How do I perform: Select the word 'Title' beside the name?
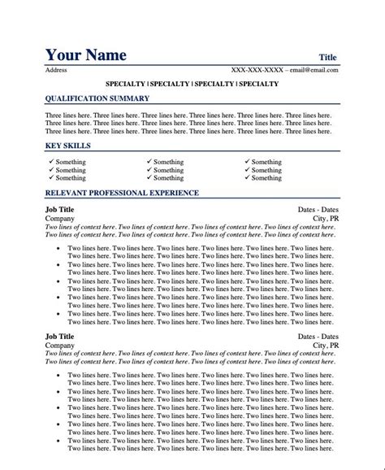(327, 57)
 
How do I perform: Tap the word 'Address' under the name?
(56, 70)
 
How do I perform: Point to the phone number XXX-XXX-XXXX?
(257, 70)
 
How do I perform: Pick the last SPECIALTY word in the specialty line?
(258, 84)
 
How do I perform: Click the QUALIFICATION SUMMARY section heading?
(97, 98)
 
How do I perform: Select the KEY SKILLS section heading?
(67, 146)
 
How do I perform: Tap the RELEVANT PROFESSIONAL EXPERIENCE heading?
(122, 193)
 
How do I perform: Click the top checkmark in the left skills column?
(51, 162)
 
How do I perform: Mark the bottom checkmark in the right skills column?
(247, 178)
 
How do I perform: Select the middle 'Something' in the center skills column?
(168, 170)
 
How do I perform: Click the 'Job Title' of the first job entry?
(59, 209)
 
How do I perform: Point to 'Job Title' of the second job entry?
(59, 313)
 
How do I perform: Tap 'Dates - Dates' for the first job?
(318, 209)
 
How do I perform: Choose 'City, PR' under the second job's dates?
(325, 323)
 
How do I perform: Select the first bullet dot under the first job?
(58, 246)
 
